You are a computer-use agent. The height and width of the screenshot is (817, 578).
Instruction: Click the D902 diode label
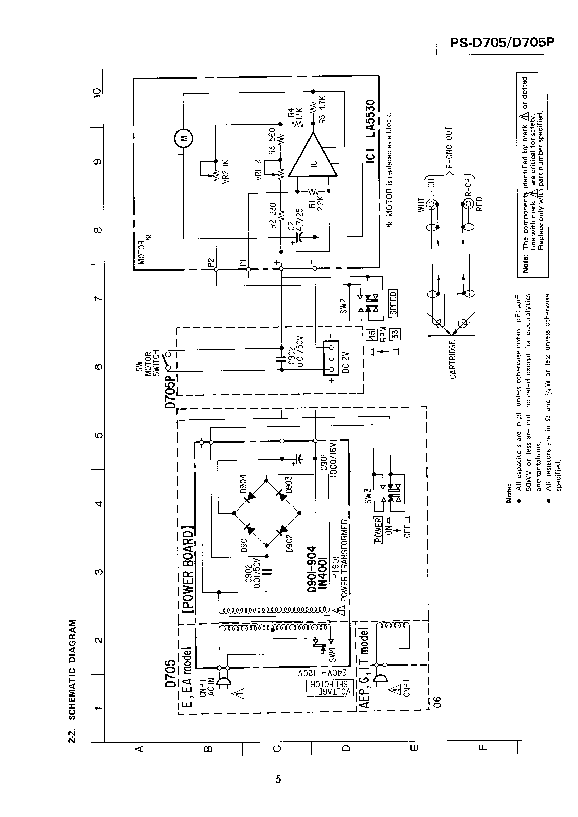pyautogui.click(x=289, y=543)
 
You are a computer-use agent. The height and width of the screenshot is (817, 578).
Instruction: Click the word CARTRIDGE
pyautogui.click(x=452, y=360)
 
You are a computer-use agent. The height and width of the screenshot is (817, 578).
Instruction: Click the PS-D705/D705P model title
pyautogui.click(x=502, y=43)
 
